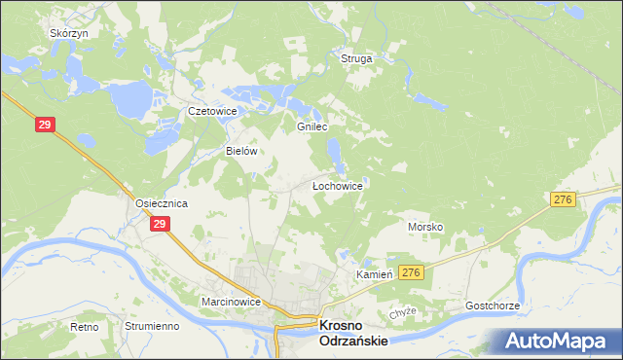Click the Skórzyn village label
[x=69, y=33]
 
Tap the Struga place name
[x=356, y=59]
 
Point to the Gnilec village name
[x=311, y=127]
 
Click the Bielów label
[x=240, y=152]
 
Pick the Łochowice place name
[x=337, y=185]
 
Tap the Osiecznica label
[x=161, y=203]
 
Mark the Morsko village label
[x=425, y=227]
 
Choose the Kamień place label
[x=374, y=275]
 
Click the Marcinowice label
[x=231, y=303]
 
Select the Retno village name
[x=85, y=327]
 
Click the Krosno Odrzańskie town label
[x=354, y=333]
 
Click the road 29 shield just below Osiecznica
[x=162, y=224]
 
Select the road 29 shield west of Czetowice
[x=45, y=125]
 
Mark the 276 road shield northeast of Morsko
[x=562, y=198]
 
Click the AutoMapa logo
[x=559, y=341]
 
